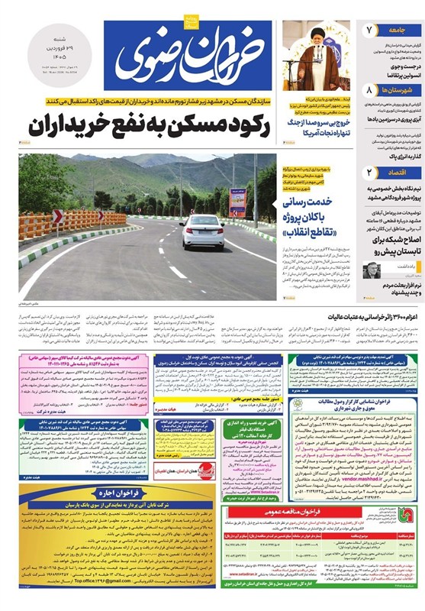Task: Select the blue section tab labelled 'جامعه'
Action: coord(394,30)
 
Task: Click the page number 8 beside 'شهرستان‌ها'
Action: coord(368,89)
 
